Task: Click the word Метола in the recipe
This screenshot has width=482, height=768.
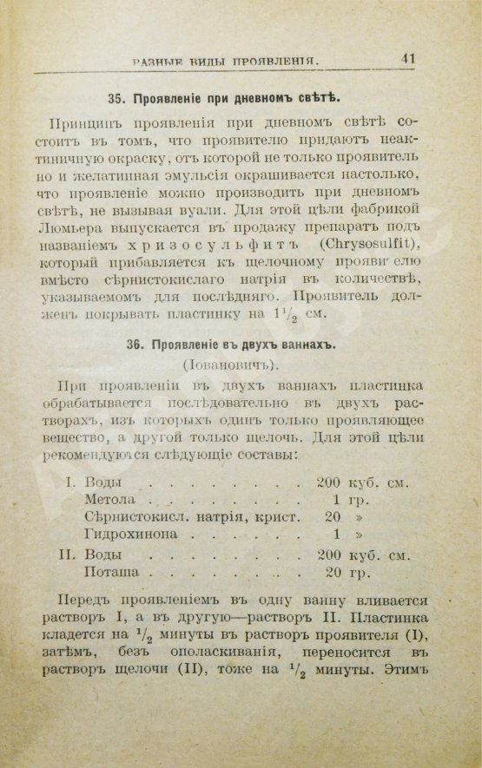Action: click(110, 501)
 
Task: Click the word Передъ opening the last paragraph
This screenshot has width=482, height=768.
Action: click(85, 601)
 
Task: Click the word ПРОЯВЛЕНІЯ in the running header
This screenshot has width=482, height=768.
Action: click(274, 62)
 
